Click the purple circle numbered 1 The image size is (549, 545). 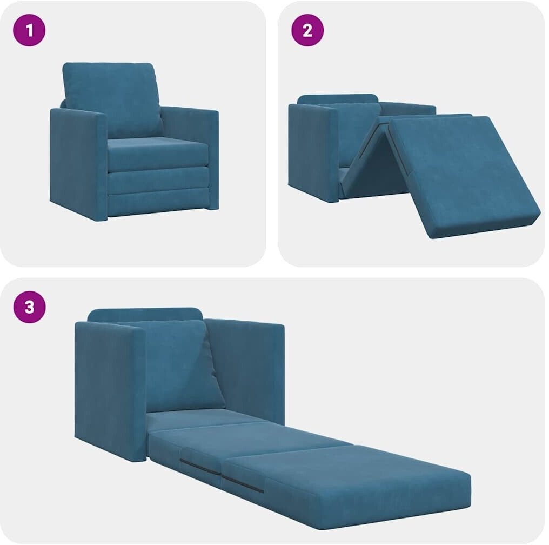pos(29,30)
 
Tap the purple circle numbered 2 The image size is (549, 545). pos(307,30)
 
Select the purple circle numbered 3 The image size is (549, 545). pos(29,307)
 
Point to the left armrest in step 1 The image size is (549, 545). pos(79,164)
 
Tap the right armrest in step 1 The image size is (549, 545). pos(191,147)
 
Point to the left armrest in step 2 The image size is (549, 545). pos(313,152)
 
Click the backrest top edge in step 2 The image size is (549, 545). pos(338,98)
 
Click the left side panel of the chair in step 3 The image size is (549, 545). pos(110,390)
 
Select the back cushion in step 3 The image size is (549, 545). pos(182,366)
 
